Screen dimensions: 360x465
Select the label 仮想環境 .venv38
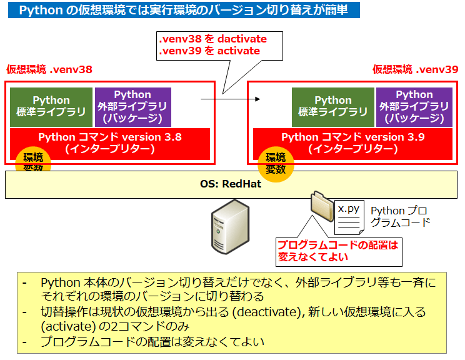point(49,69)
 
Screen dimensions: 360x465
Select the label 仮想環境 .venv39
point(415,69)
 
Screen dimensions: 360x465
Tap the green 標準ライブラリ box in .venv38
point(52,107)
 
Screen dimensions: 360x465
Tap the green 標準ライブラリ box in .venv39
point(333,107)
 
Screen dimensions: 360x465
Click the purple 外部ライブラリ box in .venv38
point(133,107)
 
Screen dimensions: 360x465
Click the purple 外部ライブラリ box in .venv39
point(414,107)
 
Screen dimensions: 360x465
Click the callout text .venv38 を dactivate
point(213,39)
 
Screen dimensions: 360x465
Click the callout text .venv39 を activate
point(209,51)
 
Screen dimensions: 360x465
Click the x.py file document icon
point(349,215)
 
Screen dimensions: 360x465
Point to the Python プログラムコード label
point(401,216)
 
